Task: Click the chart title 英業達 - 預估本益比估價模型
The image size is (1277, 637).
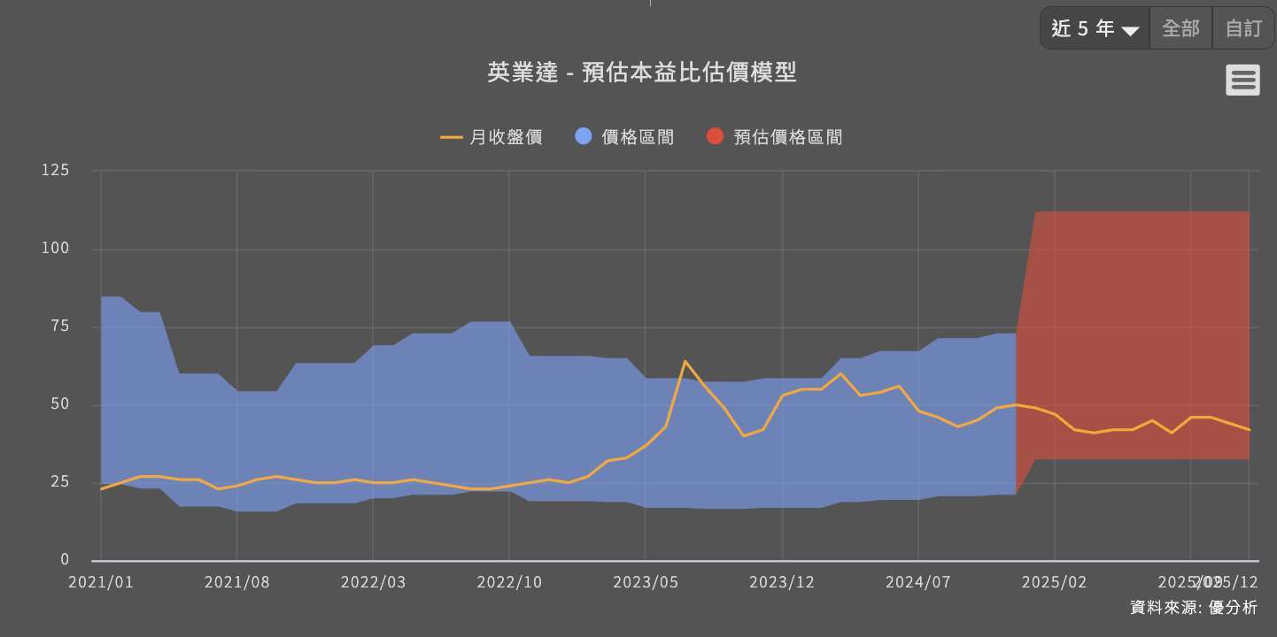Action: pyautogui.click(x=641, y=73)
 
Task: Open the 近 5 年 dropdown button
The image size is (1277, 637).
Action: pyautogui.click(x=1095, y=28)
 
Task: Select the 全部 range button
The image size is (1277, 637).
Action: pyautogui.click(x=1180, y=28)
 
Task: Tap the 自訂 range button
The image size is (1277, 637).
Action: pyautogui.click(x=1243, y=28)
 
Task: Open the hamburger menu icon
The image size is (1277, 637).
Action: pyautogui.click(x=1242, y=81)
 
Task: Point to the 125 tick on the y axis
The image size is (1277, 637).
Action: pyautogui.click(x=55, y=170)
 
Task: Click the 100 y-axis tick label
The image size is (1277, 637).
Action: pyautogui.click(x=55, y=249)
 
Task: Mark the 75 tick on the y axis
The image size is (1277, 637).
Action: pyautogui.click(x=59, y=326)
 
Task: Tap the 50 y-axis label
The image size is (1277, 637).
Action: pyautogui.click(x=59, y=404)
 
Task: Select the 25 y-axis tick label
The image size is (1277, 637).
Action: pyautogui.click(x=59, y=482)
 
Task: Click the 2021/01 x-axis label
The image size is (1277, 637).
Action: pyautogui.click(x=101, y=582)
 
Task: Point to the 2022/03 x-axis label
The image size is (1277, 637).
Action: pyautogui.click(x=373, y=582)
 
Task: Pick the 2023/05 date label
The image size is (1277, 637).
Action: pyautogui.click(x=646, y=582)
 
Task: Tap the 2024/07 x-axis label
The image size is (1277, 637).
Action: pyautogui.click(x=918, y=582)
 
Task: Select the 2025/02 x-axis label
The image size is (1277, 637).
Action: pyautogui.click(x=1055, y=582)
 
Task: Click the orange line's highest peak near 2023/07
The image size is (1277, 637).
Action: pyautogui.click(x=685, y=361)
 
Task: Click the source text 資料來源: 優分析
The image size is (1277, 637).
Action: pyautogui.click(x=1193, y=608)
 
